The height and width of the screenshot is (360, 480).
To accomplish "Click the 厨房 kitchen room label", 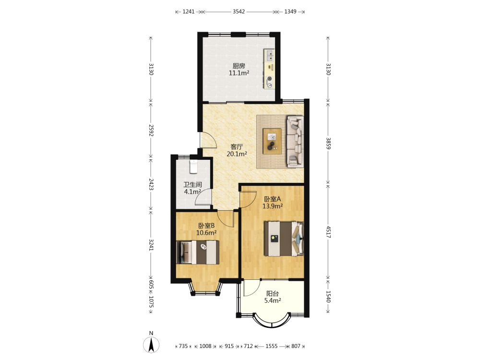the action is (x=239, y=66).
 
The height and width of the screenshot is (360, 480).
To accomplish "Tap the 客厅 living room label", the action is (x=237, y=147).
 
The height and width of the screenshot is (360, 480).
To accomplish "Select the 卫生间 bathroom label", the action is (x=192, y=185).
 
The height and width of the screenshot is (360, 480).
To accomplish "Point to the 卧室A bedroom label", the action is (x=273, y=199).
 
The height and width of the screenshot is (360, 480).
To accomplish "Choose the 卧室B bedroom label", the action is (x=206, y=226).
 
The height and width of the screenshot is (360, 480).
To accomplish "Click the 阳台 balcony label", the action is (x=273, y=294).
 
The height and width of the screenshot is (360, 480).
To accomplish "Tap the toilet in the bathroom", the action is (x=193, y=166).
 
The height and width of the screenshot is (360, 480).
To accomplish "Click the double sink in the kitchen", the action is (x=270, y=56).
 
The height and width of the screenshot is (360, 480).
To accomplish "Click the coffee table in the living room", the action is (x=272, y=142).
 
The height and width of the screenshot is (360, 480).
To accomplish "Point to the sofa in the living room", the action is (x=295, y=142).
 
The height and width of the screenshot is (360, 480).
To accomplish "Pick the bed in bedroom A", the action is (x=284, y=239).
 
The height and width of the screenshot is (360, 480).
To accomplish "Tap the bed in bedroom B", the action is (x=198, y=252).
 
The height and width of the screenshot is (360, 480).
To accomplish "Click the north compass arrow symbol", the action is (x=151, y=345).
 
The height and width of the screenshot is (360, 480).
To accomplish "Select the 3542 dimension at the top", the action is (x=239, y=12).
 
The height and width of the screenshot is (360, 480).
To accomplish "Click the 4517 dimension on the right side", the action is (x=328, y=232).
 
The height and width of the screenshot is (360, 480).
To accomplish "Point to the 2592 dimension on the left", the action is (x=151, y=130).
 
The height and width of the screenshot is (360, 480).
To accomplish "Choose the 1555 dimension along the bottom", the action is (x=272, y=346).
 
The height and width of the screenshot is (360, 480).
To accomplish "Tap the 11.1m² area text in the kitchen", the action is (x=239, y=73).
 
